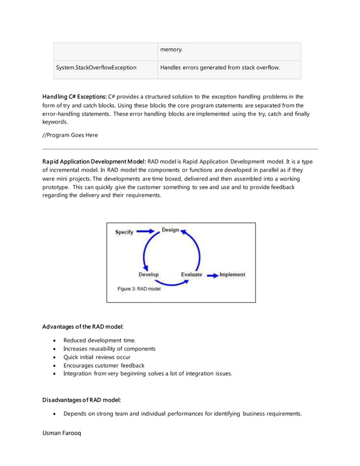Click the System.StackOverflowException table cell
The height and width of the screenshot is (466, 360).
coord(96,68)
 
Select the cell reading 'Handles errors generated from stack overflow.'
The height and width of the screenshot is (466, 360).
coord(219,68)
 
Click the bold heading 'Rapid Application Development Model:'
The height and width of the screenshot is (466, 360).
coord(94,161)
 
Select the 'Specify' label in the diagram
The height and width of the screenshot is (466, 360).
coord(124,232)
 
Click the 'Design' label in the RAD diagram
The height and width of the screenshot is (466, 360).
coord(170,230)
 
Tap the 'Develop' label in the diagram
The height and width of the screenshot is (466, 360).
coord(149,275)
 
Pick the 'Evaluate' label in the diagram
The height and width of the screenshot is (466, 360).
coord(192,275)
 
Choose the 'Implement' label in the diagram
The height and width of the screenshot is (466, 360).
coord(232,275)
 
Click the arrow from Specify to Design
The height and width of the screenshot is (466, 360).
coord(146,231)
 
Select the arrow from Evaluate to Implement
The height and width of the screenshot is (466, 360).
coord(212,275)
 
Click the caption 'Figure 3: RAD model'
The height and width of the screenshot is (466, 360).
coord(139,288)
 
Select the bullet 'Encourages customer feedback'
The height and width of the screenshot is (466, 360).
coord(104,365)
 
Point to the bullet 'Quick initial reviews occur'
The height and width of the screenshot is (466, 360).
coord(97,357)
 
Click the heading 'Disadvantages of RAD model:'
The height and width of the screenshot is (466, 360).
coord(82,400)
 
